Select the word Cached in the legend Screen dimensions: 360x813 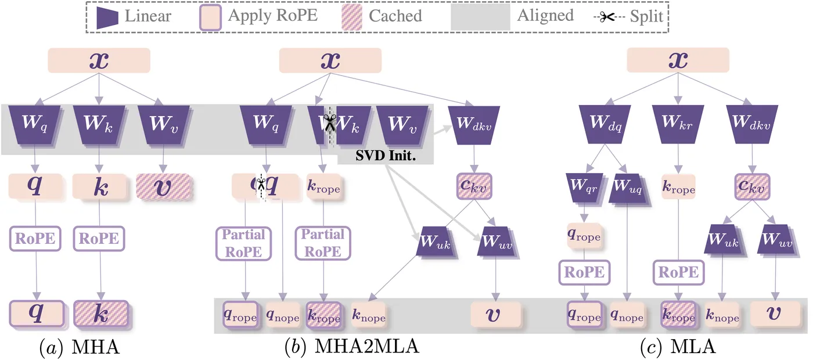[x=395, y=16]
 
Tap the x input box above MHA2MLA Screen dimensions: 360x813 [x=330, y=60]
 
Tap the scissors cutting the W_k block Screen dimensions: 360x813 [x=330, y=124]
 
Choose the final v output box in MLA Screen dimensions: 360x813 [x=776, y=315]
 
